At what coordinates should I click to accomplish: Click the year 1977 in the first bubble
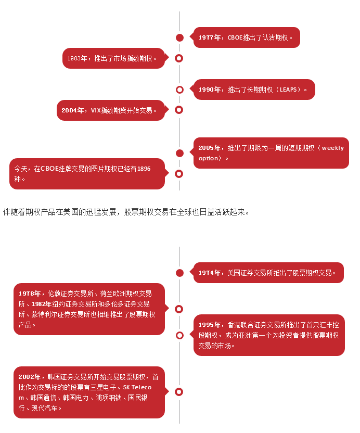coord(206,37)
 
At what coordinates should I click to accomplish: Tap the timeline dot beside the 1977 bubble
coord(179,37)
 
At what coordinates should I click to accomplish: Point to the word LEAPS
coord(288,90)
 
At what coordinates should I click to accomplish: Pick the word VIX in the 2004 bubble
coord(96,110)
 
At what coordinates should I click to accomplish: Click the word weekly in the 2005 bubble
coord(333,148)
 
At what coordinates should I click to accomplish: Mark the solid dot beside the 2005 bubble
coord(179,153)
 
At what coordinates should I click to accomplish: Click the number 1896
coord(144,169)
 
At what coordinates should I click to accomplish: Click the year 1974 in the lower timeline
coord(206,273)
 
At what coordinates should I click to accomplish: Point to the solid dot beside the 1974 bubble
coord(179,273)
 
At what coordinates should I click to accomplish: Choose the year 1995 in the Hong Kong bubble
coord(206,325)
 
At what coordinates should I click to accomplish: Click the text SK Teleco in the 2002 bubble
coord(137,387)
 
